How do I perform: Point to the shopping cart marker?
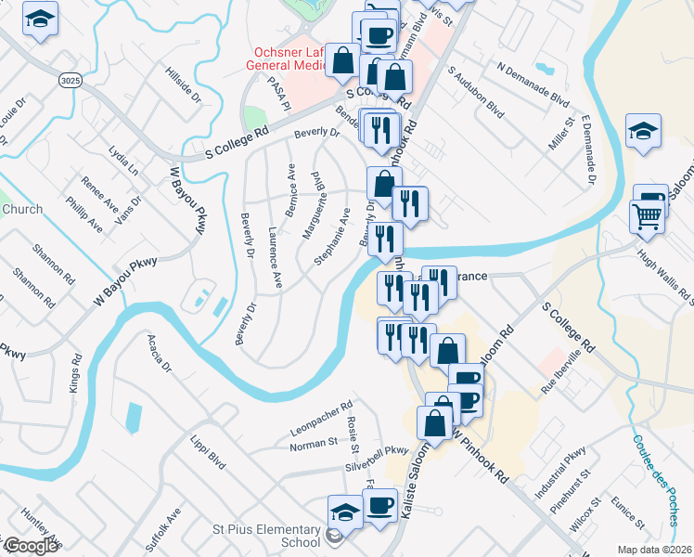point(647,217)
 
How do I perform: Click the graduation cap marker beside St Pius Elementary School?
point(345,512)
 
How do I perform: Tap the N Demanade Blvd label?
point(533,83)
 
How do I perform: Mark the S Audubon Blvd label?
point(476,96)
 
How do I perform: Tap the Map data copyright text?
point(653,550)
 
